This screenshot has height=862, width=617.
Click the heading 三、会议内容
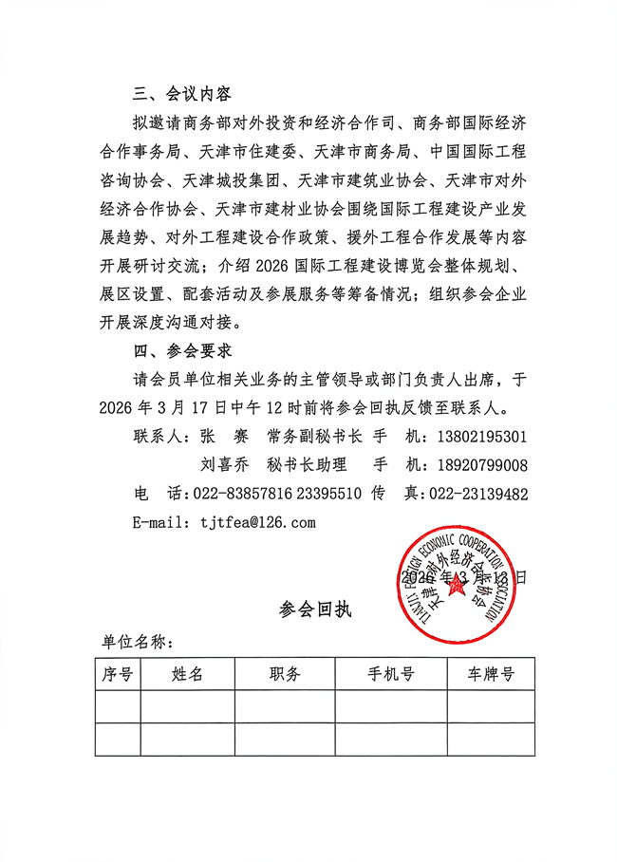click(182, 94)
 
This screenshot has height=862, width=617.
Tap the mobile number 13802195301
click(477, 437)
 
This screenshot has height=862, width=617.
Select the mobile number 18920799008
click(477, 465)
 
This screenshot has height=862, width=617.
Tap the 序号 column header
click(118, 675)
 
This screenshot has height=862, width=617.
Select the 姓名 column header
click(188, 675)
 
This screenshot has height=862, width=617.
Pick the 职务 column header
click(285, 675)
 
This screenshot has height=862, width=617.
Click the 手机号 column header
click(391, 675)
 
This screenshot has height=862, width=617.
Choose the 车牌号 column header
click(491, 675)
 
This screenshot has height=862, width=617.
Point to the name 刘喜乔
click(224, 465)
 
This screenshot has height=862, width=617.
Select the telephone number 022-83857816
click(239, 494)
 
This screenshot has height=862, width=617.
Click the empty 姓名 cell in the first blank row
click(188, 707)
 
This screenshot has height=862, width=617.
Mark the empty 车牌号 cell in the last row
click(491, 740)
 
